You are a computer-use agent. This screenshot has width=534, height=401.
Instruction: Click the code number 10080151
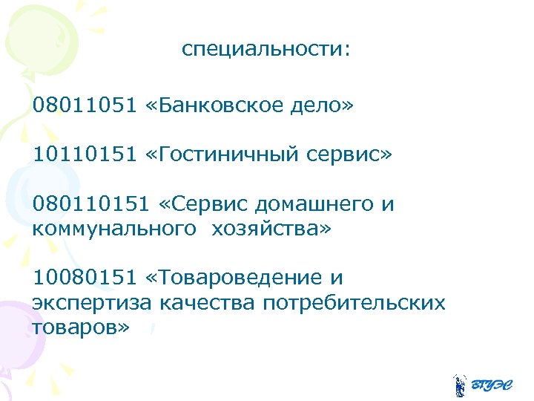pyautogui.click(x=84, y=278)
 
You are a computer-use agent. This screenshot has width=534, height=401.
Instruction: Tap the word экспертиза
pyautogui.click(x=93, y=303)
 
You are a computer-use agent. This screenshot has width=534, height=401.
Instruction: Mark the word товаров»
pyautogui.click(x=81, y=327)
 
